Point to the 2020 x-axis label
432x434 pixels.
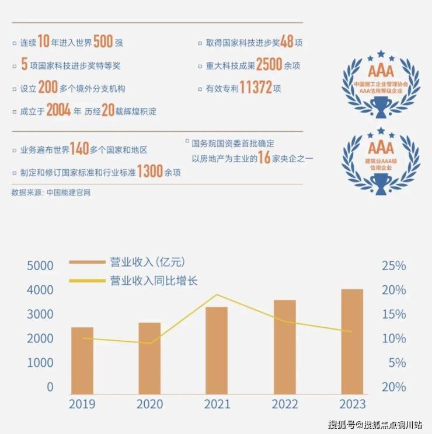click(149, 404)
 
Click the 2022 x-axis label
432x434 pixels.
click(284, 404)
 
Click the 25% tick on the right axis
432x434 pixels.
click(393, 266)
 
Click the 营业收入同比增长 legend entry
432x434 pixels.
click(154, 281)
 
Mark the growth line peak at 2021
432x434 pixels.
click(217, 295)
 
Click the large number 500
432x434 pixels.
click(102, 42)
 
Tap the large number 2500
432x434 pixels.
click(269, 65)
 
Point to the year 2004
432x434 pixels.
click(58, 110)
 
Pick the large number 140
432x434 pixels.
click(79, 149)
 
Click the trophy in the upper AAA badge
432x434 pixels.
click(381, 106)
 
